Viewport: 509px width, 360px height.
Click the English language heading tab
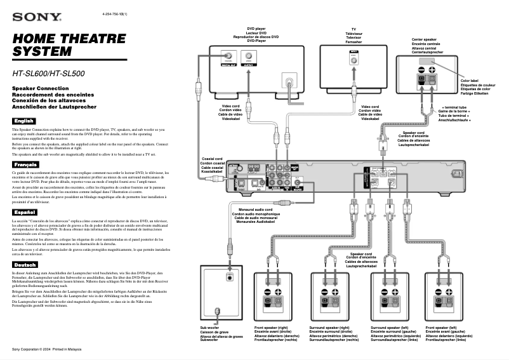(x=25, y=121)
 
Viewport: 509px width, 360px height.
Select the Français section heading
(x=26, y=165)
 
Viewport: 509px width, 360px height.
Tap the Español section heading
(x=25, y=211)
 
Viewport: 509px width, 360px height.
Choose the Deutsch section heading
(x=25, y=264)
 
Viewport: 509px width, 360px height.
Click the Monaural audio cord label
(x=251, y=216)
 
